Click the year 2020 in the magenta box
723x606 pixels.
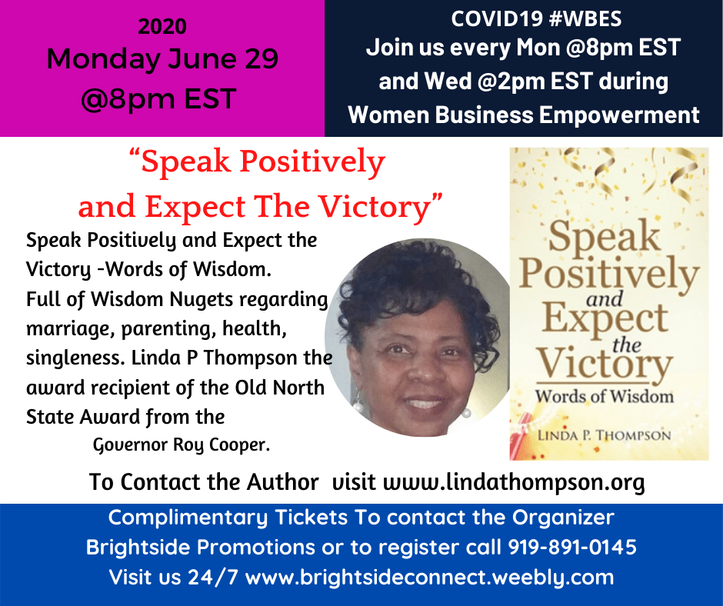pyautogui.click(x=162, y=26)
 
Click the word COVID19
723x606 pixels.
pyautogui.click(x=496, y=19)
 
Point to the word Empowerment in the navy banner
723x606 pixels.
pyautogui.click(x=619, y=115)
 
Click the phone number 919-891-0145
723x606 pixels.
pyautogui.click(x=572, y=548)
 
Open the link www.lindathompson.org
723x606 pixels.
pyautogui.click(x=514, y=482)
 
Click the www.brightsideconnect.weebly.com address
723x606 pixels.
pyautogui.click(x=430, y=578)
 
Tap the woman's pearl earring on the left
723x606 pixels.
pyautogui.click(x=358, y=406)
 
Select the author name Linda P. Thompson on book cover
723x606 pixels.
pyautogui.click(x=604, y=435)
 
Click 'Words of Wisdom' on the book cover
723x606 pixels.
pyautogui.click(x=604, y=396)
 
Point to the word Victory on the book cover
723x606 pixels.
pyautogui.click(x=604, y=365)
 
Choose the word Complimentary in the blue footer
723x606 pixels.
pyautogui.click(x=188, y=518)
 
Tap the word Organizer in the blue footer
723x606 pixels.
pyautogui.click(x=563, y=518)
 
